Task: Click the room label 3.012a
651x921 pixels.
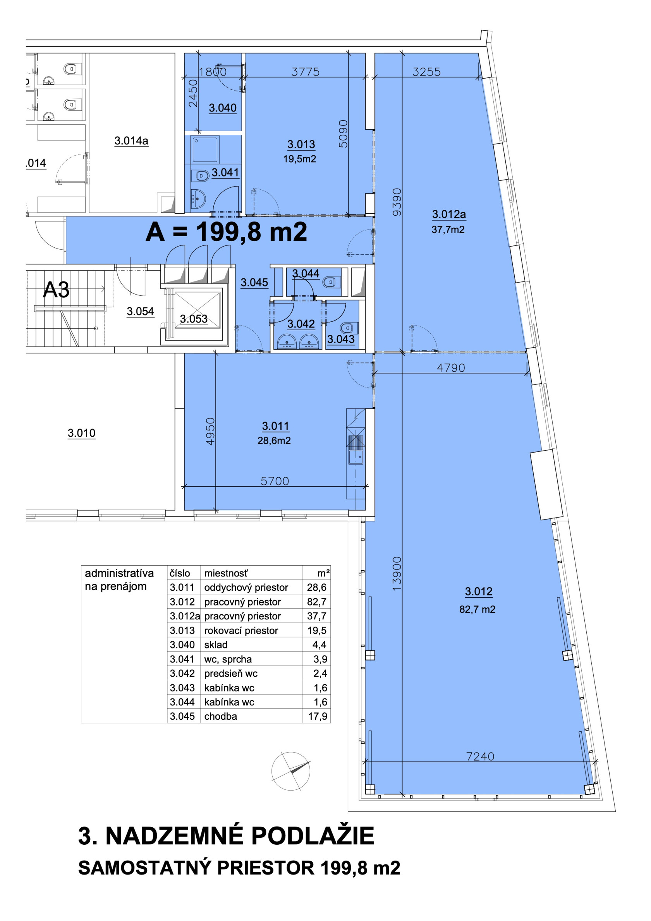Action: click(449, 214)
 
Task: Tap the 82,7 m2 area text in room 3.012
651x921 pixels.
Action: click(477, 609)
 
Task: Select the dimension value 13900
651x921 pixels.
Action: click(397, 574)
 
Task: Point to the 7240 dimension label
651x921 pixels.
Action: click(480, 756)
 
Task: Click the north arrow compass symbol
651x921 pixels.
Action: click(290, 771)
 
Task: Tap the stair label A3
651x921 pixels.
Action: click(56, 289)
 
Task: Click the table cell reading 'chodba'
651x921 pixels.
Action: click(220, 716)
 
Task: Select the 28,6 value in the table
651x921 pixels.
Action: click(317, 587)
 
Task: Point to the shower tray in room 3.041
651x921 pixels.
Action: click(206, 149)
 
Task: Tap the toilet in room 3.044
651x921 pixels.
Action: click(332, 281)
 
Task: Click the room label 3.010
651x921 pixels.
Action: click(81, 433)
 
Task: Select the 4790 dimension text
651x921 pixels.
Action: click(451, 368)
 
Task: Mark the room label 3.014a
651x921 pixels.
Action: click(131, 141)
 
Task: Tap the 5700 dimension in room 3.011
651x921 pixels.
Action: click(275, 481)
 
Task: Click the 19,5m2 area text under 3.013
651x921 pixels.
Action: click(299, 159)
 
